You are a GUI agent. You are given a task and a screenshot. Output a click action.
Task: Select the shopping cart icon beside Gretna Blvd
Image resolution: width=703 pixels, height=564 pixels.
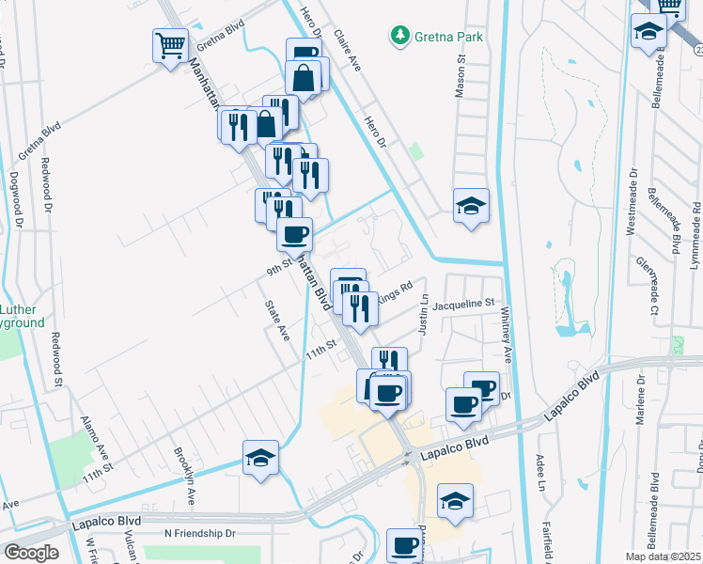[x=170, y=43]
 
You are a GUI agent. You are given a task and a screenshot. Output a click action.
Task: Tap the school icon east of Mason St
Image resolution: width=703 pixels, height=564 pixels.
[x=471, y=206]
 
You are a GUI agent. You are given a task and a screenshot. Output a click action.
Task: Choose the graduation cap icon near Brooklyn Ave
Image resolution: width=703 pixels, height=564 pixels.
[x=260, y=458]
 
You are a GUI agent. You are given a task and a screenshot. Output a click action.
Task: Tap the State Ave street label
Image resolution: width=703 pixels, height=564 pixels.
[x=276, y=320]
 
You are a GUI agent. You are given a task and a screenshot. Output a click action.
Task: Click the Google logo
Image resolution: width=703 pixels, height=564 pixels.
[x=31, y=552]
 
